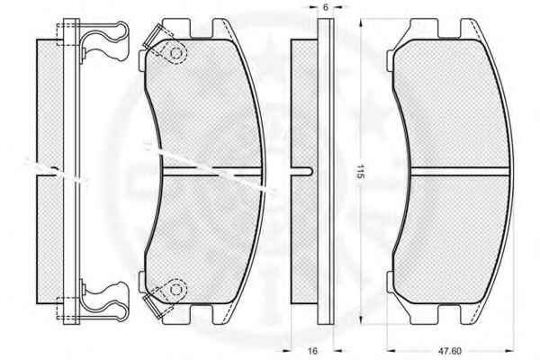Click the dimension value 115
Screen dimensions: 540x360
[x=360, y=171]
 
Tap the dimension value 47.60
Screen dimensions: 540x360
[x=450, y=351]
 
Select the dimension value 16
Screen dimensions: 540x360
[x=312, y=351]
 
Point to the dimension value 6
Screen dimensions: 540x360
[x=326, y=7]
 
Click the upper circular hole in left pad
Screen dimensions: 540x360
[x=176, y=53]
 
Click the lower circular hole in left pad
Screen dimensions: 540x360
[x=176, y=291]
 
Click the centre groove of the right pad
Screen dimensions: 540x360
[x=459, y=171]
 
